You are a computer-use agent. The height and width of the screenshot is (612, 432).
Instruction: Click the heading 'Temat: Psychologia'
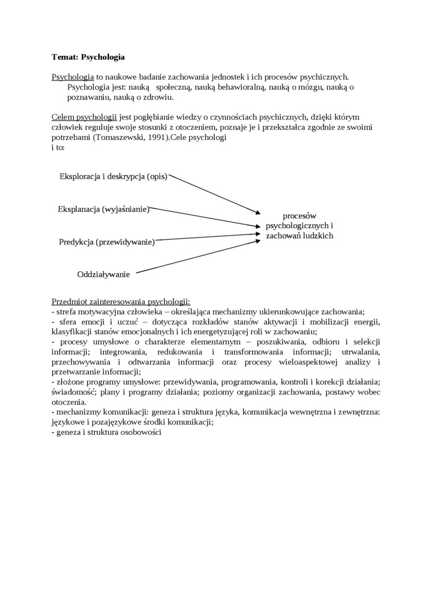[x=88, y=57]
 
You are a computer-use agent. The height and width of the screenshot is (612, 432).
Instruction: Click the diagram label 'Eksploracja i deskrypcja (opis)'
[x=113, y=176]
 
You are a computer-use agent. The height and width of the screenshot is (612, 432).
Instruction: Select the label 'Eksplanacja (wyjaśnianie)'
[x=103, y=209]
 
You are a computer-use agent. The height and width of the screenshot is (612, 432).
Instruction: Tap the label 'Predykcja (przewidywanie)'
[x=107, y=242]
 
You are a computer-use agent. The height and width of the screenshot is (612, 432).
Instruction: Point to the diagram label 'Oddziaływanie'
[x=103, y=274]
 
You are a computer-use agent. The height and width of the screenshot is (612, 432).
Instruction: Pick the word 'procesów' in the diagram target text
[x=300, y=216]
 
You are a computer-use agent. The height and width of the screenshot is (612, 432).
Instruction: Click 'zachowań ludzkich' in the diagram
[x=300, y=235]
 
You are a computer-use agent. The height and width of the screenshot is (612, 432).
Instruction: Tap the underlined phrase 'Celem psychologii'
[x=84, y=117]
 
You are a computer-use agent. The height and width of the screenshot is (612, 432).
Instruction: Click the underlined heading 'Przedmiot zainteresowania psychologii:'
[x=121, y=301]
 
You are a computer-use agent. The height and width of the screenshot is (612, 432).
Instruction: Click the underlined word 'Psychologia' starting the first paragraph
[x=73, y=77]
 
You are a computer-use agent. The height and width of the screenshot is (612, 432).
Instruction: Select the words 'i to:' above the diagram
[x=58, y=147]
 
